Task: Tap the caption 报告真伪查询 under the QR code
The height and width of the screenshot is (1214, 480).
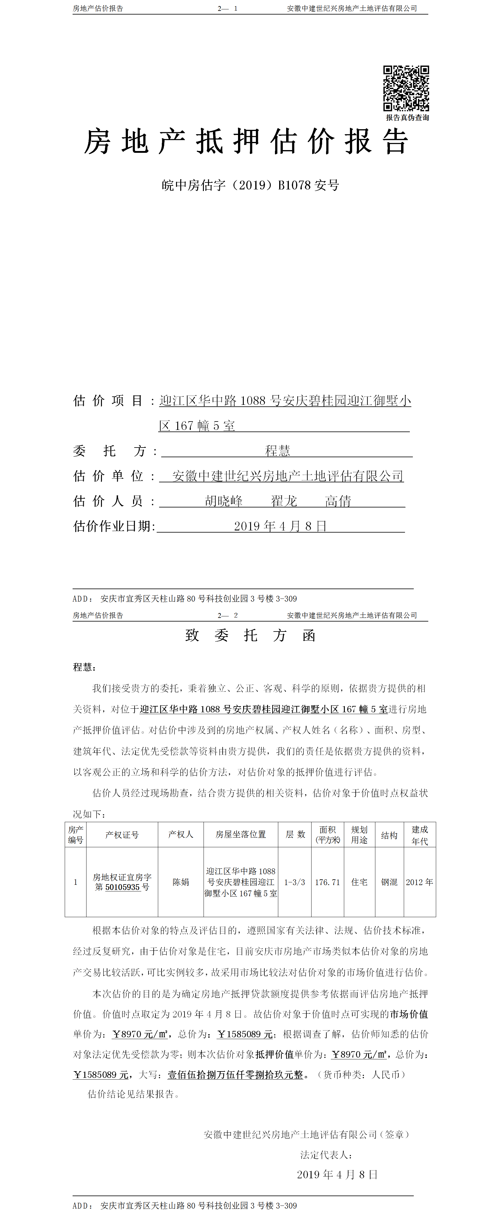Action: tap(407, 118)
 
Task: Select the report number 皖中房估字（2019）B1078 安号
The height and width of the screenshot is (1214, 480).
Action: tap(250, 185)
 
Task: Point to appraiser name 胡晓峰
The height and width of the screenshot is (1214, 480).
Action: tap(224, 501)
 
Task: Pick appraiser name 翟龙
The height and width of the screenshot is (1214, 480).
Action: tap(284, 501)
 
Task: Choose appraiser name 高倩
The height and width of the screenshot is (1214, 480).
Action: tap(338, 501)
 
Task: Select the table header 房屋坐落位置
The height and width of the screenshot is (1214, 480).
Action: tap(241, 835)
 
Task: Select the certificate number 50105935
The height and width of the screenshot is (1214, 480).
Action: tap(122, 887)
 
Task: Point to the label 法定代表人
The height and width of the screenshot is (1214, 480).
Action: tap(326, 1155)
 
